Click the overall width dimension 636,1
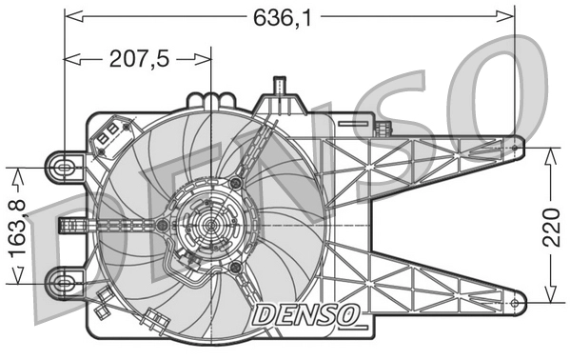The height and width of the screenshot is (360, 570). coord(289,16)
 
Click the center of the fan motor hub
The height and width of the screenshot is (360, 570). coord(207,226)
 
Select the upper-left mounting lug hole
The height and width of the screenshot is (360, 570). coord(65,168)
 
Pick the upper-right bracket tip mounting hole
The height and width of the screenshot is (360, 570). coord(516,148)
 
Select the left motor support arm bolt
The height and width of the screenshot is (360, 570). coord(163,226)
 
